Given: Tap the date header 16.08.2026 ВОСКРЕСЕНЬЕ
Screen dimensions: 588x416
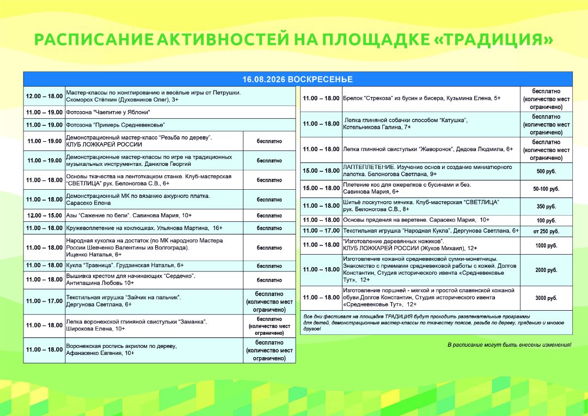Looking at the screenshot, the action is point(297,80).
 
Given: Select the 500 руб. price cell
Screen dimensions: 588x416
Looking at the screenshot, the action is point(546,172).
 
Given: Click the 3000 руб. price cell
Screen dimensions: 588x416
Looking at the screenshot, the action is point(546,298).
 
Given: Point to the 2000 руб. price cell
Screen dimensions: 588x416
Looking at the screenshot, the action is point(546,270).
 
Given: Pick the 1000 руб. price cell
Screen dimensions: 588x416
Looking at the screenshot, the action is point(546,245).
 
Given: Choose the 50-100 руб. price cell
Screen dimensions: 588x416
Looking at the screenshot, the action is point(546,189).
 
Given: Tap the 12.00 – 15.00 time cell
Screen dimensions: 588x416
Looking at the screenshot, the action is point(45,215).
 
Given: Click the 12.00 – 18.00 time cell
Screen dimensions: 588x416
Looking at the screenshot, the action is point(44,96).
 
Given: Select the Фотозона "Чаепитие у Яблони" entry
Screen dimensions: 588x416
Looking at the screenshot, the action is point(108,112).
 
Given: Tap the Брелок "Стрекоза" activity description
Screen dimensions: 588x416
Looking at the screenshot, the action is point(422,98).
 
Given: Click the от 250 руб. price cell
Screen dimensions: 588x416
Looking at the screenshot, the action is point(546,231).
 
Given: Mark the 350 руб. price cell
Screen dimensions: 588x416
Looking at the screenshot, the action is point(546,207).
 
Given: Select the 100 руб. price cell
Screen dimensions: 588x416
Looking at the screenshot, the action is point(546,221).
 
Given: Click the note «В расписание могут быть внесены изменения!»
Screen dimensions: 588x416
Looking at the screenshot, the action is point(509,345).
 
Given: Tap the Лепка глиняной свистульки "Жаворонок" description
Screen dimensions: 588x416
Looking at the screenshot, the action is point(428,149).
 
